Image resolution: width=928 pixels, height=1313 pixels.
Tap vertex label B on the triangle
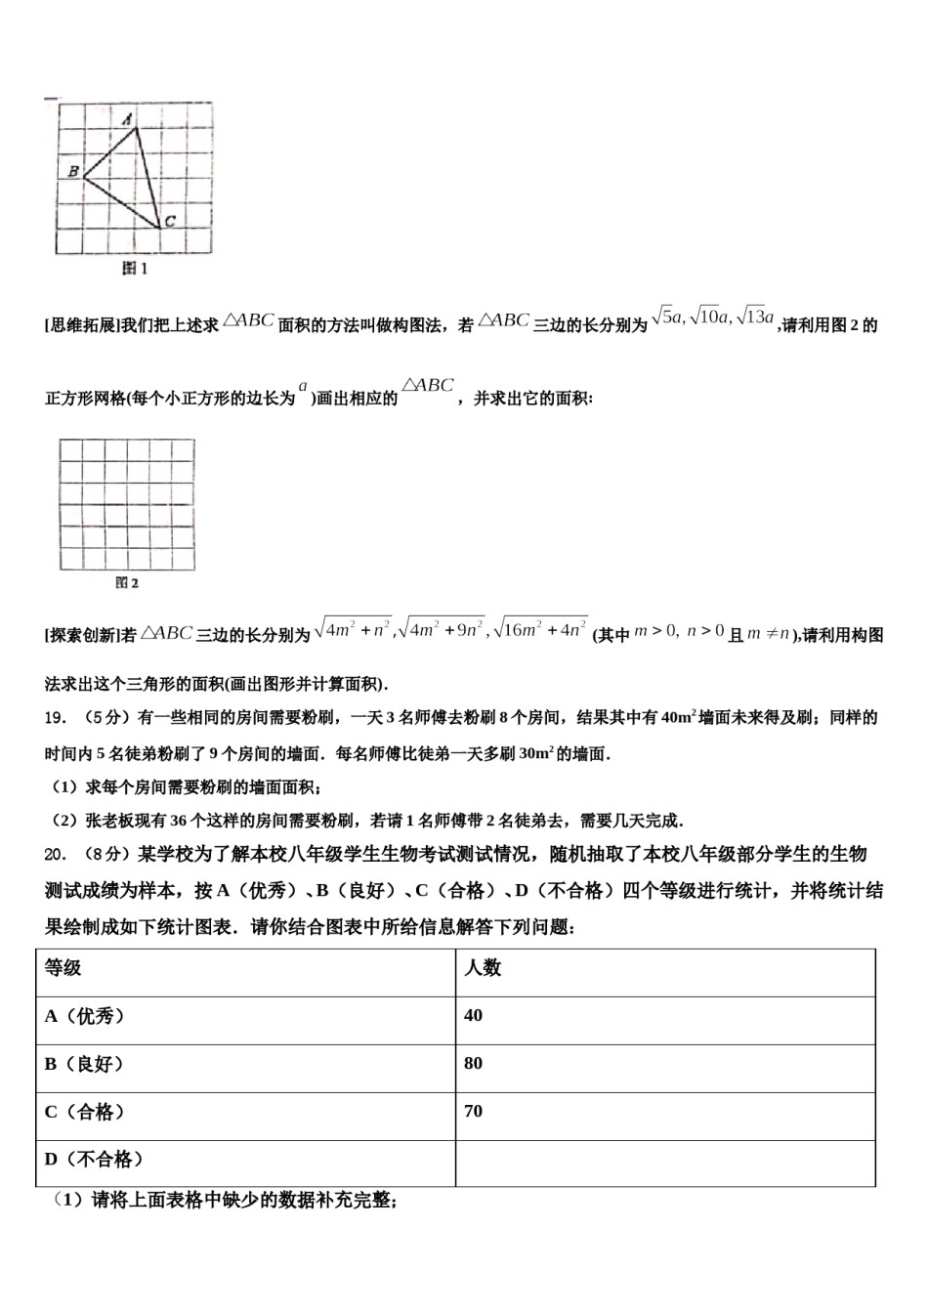(72, 172)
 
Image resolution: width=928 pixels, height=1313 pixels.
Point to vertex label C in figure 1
(169, 221)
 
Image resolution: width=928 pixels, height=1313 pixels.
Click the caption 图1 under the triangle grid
(134, 269)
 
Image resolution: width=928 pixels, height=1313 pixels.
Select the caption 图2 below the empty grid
(127, 583)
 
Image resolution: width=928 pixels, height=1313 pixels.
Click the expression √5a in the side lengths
(668, 317)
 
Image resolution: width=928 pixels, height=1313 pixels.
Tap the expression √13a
(754, 317)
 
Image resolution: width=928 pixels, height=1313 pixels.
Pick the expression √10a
(710, 317)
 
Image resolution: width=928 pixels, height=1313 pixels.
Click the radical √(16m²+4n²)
(541, 630)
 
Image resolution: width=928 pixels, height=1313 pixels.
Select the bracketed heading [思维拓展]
(81, 325)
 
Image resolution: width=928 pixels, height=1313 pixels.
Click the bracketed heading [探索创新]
(81, 635)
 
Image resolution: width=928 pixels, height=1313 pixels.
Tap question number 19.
(57, 717)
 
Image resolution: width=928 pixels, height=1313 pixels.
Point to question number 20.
(57, 855)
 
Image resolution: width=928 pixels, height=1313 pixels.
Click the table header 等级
(63, 968)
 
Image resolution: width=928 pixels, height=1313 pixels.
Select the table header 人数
(483, 968)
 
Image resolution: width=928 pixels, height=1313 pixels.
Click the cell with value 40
(474, 1016)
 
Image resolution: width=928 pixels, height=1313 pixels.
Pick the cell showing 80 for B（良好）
(474, 1064)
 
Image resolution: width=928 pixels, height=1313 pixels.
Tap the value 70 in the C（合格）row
(474, 1112)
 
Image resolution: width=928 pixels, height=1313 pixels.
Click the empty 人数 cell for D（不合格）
(664, 1163)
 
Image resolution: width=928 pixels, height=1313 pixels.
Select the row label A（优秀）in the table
(85, 1016)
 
